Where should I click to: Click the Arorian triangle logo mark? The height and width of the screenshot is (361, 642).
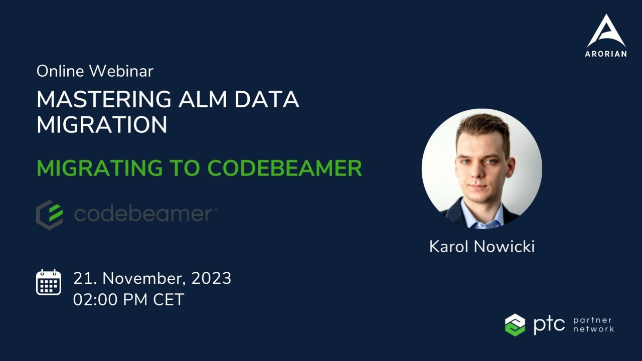click(606, 31)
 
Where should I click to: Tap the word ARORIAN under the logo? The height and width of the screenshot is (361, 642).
click(606, 54)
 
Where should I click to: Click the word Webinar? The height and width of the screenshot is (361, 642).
click(121, 71)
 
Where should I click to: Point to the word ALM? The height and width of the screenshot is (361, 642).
click(199, 100)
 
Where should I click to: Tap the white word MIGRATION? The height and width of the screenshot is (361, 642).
click(102, 125)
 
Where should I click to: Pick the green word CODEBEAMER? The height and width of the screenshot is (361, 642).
click(284, 168)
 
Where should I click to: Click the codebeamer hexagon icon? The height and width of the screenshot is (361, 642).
click(50, 215)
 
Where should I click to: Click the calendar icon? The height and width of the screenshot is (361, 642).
click(49, 282)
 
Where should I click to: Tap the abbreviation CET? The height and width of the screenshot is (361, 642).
click(169, 300)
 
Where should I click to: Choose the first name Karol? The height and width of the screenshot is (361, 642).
click(448, 247)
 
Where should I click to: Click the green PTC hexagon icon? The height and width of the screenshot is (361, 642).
click(515, 324)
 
